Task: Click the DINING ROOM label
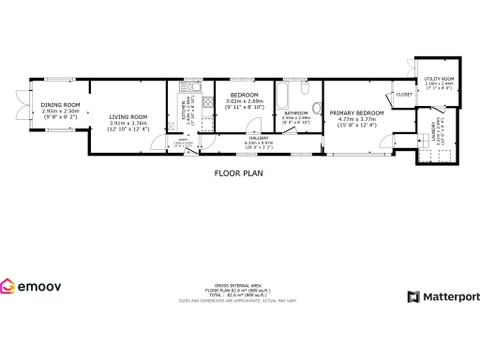pos(61,104)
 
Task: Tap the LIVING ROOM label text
pos(127,116)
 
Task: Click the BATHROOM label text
pos(297,112)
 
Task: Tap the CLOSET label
pos(405,95)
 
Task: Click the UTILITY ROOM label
pos(439,79)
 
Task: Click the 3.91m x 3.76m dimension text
pos(127,123)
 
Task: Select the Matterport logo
pos(443,296)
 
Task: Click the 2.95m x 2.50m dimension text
pos(61,111)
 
